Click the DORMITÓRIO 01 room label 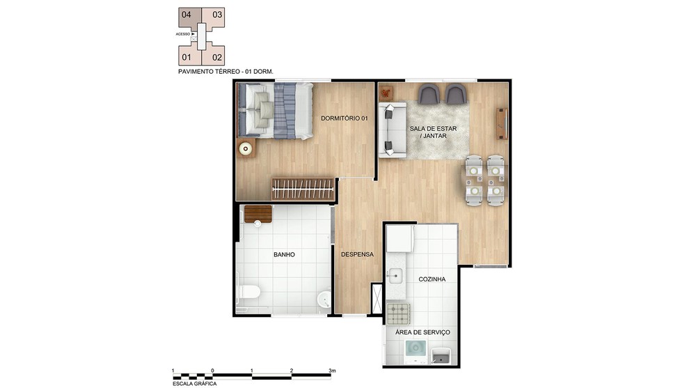click(x=344, y=118)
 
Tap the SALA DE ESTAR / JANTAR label click(x=434, y=132)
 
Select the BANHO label click(x=285, y=255)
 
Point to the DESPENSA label click(x=358, y=254)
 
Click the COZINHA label click(x=432, y=279)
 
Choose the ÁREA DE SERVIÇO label click(x=422, y=332)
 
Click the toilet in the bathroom click(x=249, y=292)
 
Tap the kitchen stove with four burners click(x=398, y=313)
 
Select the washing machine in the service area click(x=415, y=352)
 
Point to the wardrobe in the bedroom click(x=303, y=189)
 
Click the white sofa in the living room click(x=393, y=130)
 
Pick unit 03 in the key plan click(x=217, y=15)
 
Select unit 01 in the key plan click(x=187, y=57)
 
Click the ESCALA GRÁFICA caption click(x=195, y=384)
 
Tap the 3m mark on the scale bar click(x=332, y=371)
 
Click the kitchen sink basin click(x=395, y=277)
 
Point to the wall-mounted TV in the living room click(x=502, y=123)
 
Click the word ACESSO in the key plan click(x=183, y=34)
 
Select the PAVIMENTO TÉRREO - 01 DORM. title click(x=226, y=71)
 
